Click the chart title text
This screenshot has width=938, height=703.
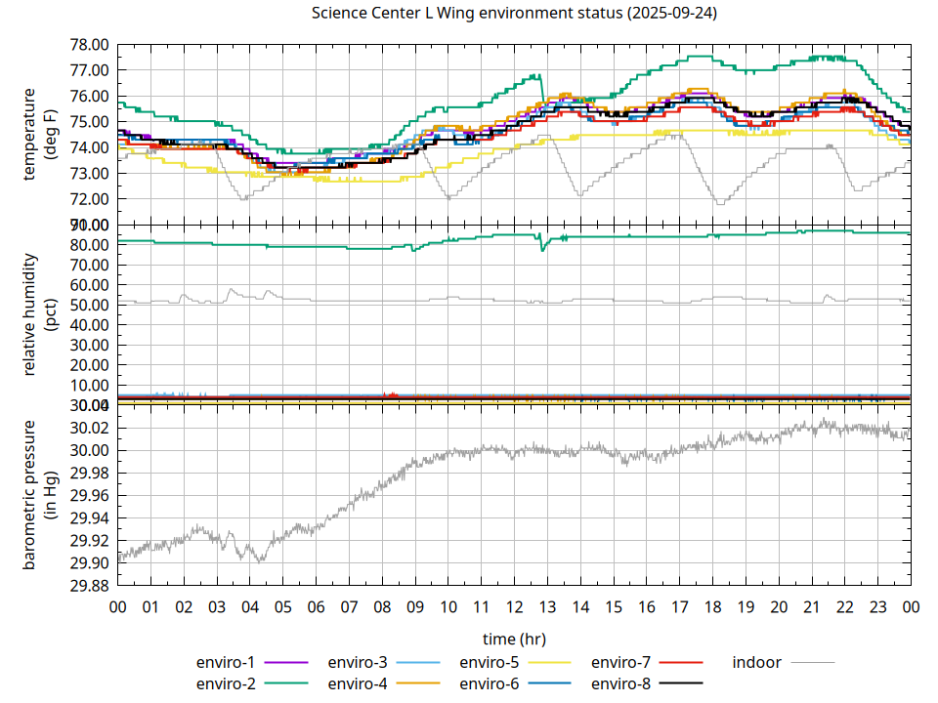(514, 14)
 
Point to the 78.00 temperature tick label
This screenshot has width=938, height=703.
(88, 45)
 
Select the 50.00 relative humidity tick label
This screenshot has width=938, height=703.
(88, 306)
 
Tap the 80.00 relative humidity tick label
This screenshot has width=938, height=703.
(88, 245)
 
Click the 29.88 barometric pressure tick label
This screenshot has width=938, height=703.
(88, 586)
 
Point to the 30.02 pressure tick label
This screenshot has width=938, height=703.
(88, 429)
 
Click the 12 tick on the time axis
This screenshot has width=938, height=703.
(514, 606)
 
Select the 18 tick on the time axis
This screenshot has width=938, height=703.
(712, 606)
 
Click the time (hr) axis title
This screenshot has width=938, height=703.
(514, 639)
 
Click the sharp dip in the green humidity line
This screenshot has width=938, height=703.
(542, 250)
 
